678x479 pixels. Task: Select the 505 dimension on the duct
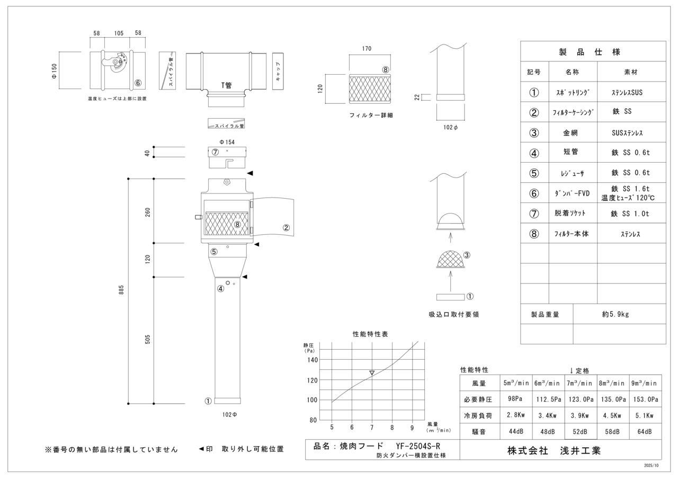point(148,340)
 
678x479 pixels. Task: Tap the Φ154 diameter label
point(227,142)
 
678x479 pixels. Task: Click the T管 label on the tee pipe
point(226,85)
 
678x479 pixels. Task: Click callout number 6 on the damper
point(138,83)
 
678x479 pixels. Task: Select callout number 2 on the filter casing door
point(286,228)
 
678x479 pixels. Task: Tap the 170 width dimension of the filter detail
point(366,49)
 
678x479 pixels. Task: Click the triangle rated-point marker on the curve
point(372,373)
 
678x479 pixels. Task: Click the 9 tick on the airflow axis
point(412,428)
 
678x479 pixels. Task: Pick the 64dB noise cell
point(645,432)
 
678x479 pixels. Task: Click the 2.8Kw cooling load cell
point(516,415)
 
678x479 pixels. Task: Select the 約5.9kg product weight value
point(615,314)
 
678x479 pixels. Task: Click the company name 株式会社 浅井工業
point(554,451)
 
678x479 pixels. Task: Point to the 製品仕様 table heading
point(590,52)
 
